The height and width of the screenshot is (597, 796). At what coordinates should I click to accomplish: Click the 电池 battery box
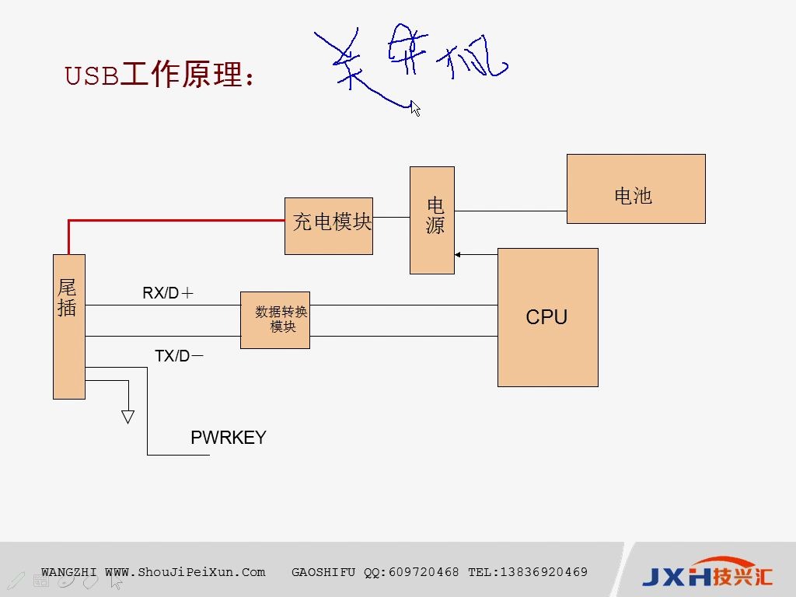coord(635,189)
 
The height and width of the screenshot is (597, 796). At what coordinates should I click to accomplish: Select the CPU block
coord(547,317)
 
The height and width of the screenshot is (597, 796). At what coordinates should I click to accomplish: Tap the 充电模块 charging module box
coord(329,225)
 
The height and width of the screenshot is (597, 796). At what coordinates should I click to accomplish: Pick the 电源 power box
coord(432,220)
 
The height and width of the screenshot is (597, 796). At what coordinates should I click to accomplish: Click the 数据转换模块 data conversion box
coord(275,320)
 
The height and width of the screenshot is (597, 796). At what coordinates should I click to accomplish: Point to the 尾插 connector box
coord(68,326)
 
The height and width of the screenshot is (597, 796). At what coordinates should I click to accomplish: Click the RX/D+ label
coord(167,293)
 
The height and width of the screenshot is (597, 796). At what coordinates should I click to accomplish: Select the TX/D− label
coord(179,356)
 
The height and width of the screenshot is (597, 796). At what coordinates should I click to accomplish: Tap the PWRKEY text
coord(229,438)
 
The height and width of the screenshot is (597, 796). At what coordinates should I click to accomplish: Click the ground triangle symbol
coord(128,417)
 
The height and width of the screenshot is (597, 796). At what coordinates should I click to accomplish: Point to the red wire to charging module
coord(179,221)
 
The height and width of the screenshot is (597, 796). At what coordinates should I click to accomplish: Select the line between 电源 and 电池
coord(510,211)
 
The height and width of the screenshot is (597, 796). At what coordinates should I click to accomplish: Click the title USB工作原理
coord(159,75)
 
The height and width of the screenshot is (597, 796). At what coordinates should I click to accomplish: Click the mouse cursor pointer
coord(415,108)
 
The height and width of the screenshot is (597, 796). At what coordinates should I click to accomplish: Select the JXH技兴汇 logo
coord(707,574)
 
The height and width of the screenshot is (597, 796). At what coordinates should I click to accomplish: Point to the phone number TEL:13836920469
coord(528,572)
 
